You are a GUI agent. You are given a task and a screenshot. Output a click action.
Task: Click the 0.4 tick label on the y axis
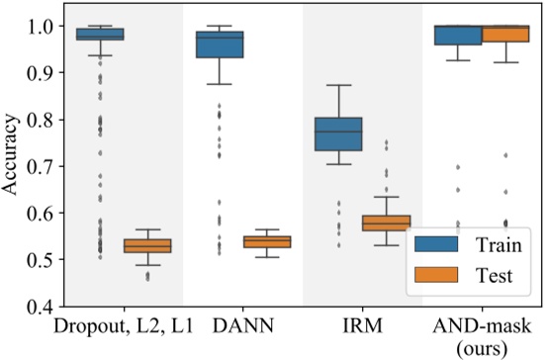point(41,307)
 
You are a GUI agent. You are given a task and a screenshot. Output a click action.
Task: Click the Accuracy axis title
point(11,164)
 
